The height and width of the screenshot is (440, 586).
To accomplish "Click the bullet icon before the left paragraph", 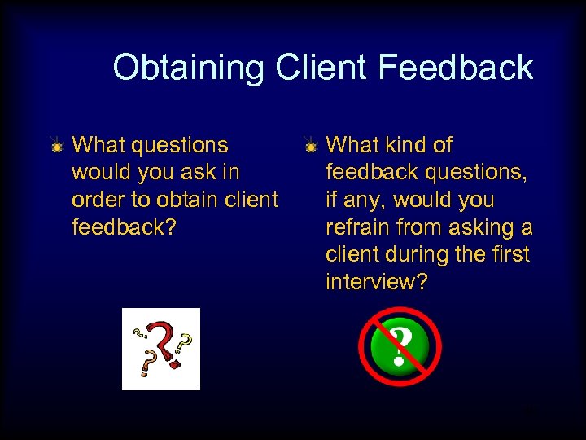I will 56,147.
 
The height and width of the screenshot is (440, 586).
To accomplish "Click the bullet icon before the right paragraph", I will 310,147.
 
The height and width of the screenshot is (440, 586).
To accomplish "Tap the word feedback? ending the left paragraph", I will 124,227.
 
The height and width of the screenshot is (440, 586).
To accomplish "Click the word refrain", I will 358,227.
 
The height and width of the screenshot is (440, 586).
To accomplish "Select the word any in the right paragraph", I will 361,200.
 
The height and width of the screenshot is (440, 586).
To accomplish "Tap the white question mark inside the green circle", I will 399,346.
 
